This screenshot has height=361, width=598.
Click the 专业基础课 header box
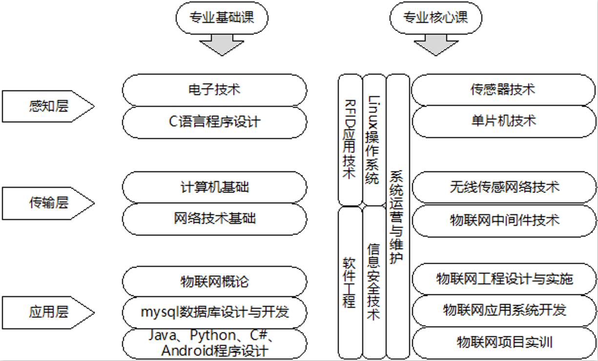[x=222, y=18]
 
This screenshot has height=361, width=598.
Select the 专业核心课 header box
[x=435, y=18]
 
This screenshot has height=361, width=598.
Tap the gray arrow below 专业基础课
[x=222, y=45]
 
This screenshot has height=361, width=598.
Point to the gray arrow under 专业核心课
[x=435, y=45]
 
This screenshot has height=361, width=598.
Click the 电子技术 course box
[x=214, y=90]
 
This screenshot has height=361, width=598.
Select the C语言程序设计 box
[x=214, y=122]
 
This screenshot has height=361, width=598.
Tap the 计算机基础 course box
[x=214, y=187]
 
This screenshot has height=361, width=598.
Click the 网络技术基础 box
[x=214, y=219]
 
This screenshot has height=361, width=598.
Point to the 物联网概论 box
[x=214, y=281]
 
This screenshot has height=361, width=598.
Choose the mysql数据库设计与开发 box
[x=214, y=312]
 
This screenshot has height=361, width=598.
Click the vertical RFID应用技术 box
[x=350, y=140]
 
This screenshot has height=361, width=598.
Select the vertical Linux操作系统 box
[x=373, y=140]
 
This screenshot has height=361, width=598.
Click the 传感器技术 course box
[x=503, y=90]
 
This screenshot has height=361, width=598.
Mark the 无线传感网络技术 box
[x=503, y=187]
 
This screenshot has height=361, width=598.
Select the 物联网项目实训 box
[x=503, y=342]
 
